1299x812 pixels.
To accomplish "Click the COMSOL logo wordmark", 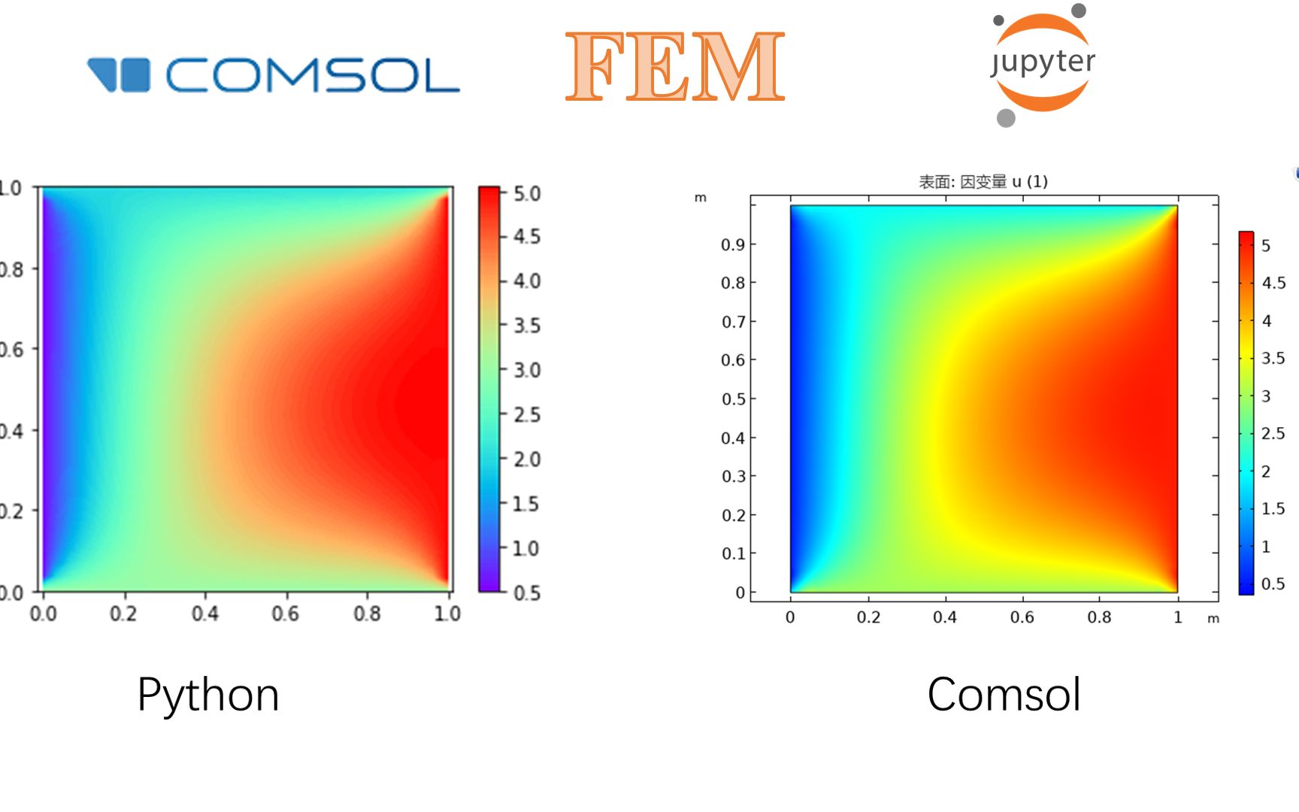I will pyautogui.click(x=311, y=76).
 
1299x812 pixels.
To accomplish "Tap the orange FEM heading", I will pyautogui.click(x=674, y=68).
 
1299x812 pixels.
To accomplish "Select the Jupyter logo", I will pyautogui.click(x=1042, y=65).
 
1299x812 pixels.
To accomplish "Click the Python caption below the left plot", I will pyautogui.click(x=208, y=694).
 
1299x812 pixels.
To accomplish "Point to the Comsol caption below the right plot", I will pyautogui.click(x=1004, y=694).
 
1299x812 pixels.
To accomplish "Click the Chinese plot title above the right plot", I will pyautogui.click(x=983, y=181).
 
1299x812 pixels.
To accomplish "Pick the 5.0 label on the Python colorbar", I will pyautogui.click(x=527, y=194).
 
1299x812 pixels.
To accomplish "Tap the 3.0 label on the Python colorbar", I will pyautogui.click(x=527, y=371).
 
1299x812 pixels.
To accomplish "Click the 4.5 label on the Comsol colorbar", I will pyautogui.click(x=1273, y=283).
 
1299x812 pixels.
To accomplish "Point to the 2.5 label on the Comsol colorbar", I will pyautogui.click(x=1273, y=433).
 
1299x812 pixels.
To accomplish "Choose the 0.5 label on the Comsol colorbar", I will pyautogui.click(x=1273, y=583).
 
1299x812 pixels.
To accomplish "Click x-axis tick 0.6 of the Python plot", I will pyautogui.click(x=286, y=614).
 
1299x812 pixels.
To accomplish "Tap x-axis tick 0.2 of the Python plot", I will pyautogui.click(x=123, y=614).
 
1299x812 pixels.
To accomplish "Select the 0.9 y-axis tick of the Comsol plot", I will pyautogui.click(x=733, y=244).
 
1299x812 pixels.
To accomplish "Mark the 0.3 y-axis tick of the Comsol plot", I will pyautogui.click(x=733, y=476).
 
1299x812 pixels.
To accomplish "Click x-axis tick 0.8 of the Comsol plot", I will pyautogui.click(x=1099, y=617).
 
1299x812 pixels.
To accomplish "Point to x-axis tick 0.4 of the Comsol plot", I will pyautogui.click(x=945, y=617).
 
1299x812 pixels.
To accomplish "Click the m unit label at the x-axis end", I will pyautogui.click(x=1213, y=619).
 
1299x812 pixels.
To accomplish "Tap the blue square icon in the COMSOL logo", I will pyautogui.click(x=135, y=75).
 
